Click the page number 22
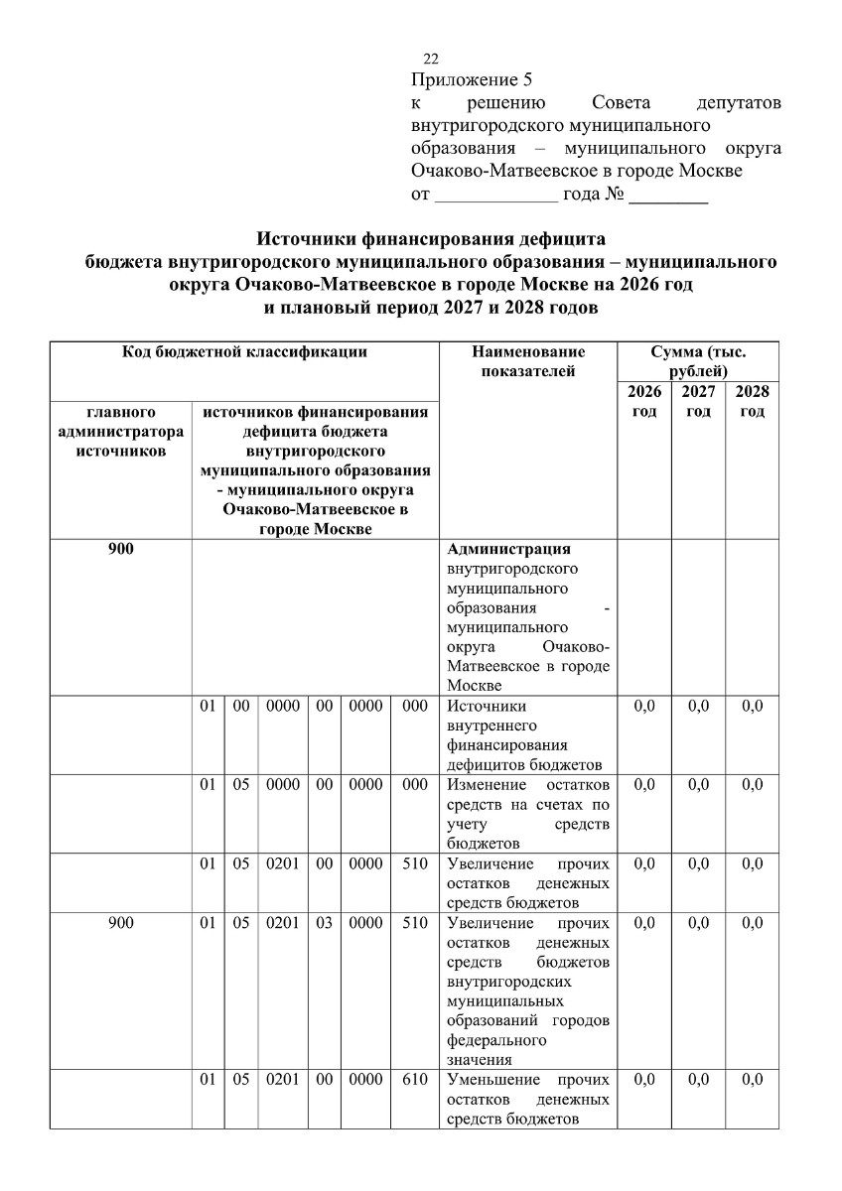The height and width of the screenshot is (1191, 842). (430, 59)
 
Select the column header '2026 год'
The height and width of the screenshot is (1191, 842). (644, 402)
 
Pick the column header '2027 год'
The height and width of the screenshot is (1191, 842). (698, 402)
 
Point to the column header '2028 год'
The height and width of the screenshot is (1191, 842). (753, 402)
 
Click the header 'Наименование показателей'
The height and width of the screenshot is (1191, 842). (528, 361)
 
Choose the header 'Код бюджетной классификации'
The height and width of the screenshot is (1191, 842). (244, 351)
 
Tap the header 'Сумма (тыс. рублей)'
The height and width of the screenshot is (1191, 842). (698, 361)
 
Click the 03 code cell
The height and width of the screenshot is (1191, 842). (324, 923)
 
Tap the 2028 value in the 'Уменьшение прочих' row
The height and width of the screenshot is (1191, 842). (753, 1079)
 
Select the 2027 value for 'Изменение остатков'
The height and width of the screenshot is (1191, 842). (698, 784)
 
